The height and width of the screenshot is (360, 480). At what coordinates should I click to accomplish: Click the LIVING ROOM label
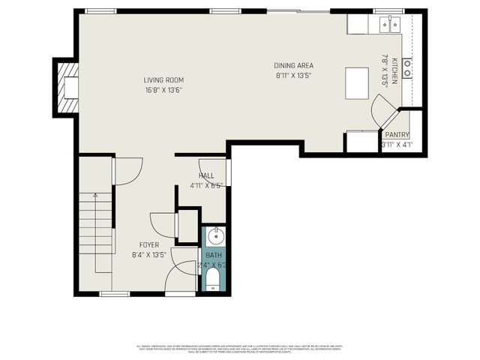tap(163, 80)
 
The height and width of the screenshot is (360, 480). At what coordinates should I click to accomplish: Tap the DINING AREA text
tap(293, 65)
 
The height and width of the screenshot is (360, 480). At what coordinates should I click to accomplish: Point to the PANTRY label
tap(397, 135)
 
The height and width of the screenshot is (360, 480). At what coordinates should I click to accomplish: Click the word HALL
tap(206, 175)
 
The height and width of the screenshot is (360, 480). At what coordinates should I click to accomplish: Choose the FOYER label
tap(148, 245)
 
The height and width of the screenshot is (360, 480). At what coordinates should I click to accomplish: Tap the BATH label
tap(214, 255)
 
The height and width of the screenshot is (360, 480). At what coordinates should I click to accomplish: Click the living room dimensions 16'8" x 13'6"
tap(163, 90)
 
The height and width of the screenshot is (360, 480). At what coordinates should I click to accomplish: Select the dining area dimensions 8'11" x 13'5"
tap(293, 75)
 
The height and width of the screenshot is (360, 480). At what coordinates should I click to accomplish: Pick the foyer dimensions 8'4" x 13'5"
tap(148, 255)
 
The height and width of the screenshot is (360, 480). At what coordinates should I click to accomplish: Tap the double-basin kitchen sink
tap(390, 25)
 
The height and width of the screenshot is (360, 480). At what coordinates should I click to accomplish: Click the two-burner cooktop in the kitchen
tap(406, 68)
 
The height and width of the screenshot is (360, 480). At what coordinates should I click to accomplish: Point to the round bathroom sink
tap(214, 236)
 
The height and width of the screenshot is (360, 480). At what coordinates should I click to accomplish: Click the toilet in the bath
tap(214, 279)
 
